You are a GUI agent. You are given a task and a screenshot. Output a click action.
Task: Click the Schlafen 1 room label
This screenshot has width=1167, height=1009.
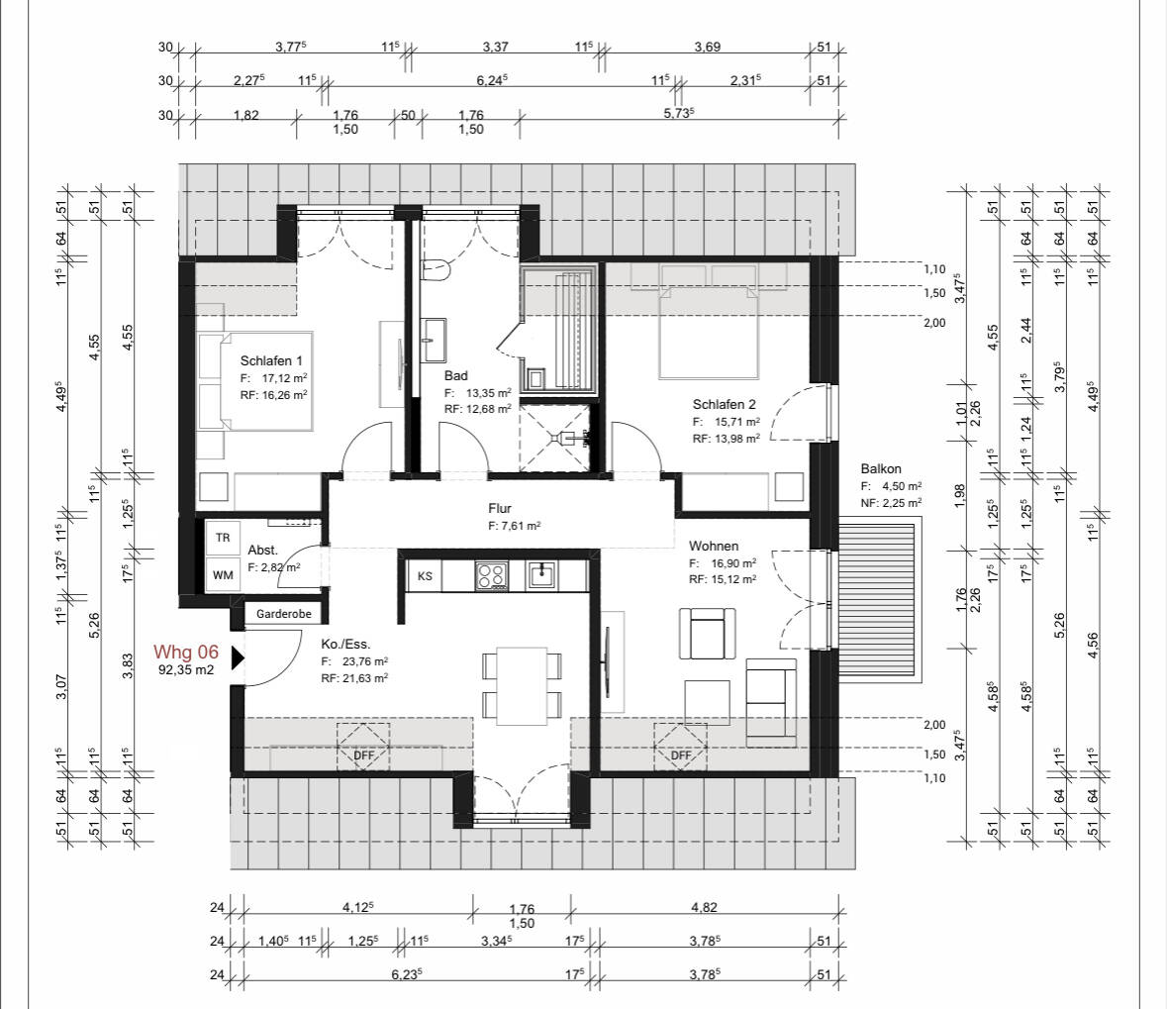click(x=271, y=361)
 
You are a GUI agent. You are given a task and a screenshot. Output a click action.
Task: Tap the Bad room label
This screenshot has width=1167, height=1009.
click(x=455, y=376)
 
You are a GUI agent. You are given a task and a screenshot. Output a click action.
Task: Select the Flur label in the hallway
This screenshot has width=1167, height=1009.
click(x=500, y=509)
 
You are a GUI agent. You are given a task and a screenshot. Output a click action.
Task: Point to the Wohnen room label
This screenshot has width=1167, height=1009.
click(x=713, y=546)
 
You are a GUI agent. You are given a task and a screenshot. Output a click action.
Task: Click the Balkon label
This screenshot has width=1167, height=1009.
click(x=881, y=469)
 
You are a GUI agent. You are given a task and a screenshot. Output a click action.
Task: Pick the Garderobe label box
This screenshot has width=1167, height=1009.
click(x=283, y=614)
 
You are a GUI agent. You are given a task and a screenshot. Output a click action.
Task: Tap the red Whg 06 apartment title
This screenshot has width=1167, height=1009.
click(x=186, y=653)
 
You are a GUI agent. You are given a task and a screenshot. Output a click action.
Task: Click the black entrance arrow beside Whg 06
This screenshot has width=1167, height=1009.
click(x=238, y=657)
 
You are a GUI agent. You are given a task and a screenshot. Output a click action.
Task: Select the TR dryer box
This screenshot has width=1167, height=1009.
click(x=223, y=537)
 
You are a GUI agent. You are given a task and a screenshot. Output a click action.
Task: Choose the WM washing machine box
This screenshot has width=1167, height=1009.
click(x=223, y=575)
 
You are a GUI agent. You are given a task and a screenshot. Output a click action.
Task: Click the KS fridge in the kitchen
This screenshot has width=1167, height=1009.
click(x=425, y=576)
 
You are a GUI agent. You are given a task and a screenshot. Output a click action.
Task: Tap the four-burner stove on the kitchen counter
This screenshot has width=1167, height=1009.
click(x=491, y=576)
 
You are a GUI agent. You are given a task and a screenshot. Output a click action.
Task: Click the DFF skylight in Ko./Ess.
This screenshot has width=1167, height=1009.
click(x=363, y=748)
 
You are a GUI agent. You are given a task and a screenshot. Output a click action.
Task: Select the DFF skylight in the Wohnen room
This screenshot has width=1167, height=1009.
click(x=680, y=748)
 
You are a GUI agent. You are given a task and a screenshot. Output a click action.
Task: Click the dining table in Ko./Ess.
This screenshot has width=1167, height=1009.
click(x=522, y=686)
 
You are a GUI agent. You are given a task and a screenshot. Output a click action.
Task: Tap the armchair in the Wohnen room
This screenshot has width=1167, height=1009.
click(x=707, y=634)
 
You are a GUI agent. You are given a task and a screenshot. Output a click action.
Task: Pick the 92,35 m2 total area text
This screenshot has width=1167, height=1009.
click(x=186, y=670)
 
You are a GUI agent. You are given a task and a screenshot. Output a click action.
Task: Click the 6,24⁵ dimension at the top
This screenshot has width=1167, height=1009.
click(x=492, y=79)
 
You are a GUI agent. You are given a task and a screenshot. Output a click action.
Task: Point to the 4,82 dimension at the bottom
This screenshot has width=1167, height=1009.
click(x=704, y=908)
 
